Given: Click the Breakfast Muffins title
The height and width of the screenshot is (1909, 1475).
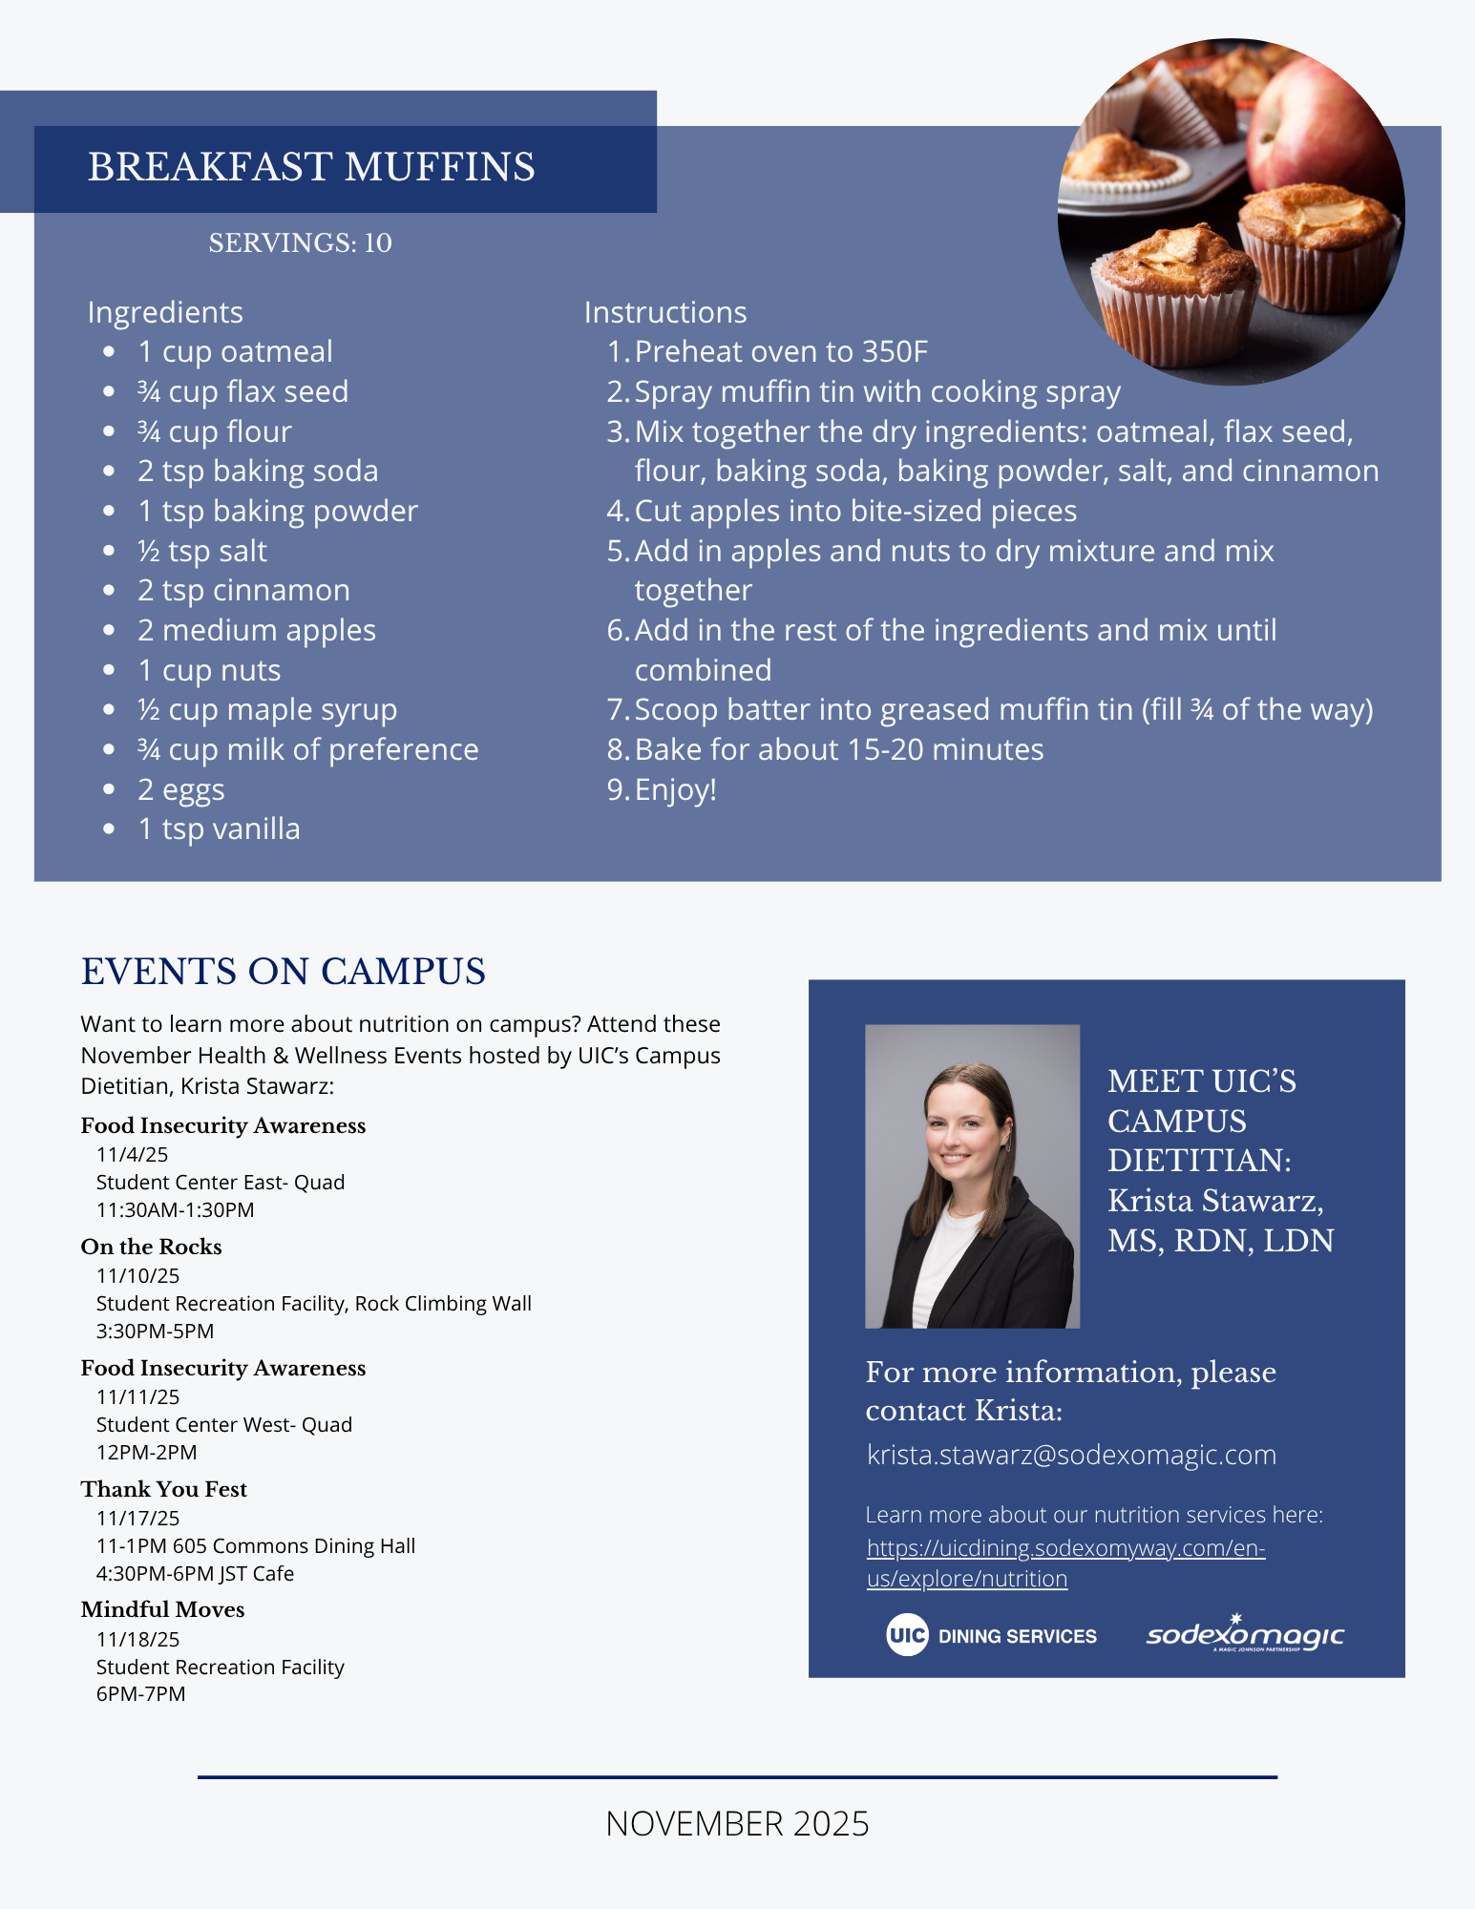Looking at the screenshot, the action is point(311,167).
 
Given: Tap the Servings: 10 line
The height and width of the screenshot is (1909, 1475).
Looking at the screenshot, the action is point(300,243).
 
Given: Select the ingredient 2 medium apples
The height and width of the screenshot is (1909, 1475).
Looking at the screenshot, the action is point(256,631).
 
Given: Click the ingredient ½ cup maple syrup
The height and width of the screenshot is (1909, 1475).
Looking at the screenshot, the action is point(266,710).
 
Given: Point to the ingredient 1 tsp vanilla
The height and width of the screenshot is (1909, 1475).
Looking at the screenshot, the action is point(219,829).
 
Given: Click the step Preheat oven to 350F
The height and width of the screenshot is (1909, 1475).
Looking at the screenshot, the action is point(780,352).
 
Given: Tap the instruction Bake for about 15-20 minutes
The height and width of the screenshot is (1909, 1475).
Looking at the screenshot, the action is point(838,750).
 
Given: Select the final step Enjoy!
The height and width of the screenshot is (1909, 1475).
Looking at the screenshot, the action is point(675,790).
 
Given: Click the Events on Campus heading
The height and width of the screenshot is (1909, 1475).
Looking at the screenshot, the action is point(284,972).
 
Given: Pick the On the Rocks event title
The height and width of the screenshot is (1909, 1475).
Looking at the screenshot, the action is point(151,1247).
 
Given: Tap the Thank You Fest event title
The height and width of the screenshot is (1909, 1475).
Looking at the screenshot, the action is point(163,1489).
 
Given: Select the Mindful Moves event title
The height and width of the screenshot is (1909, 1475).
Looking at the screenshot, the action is point(162,1609).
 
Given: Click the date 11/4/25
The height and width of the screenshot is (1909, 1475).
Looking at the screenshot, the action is point(132,1155).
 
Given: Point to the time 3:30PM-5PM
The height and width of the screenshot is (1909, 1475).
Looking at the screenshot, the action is point(155,1332).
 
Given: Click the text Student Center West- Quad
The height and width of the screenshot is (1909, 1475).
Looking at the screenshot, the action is point(223,1425).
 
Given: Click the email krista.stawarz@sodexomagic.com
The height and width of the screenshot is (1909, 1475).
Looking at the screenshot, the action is point(1071,1455).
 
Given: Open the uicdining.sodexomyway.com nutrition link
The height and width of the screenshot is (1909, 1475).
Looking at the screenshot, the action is point(1065,1548).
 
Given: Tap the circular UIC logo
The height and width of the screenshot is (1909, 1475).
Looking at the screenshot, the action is point(906,1635).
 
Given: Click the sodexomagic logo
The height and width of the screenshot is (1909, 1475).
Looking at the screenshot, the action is point(1245,1634).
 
